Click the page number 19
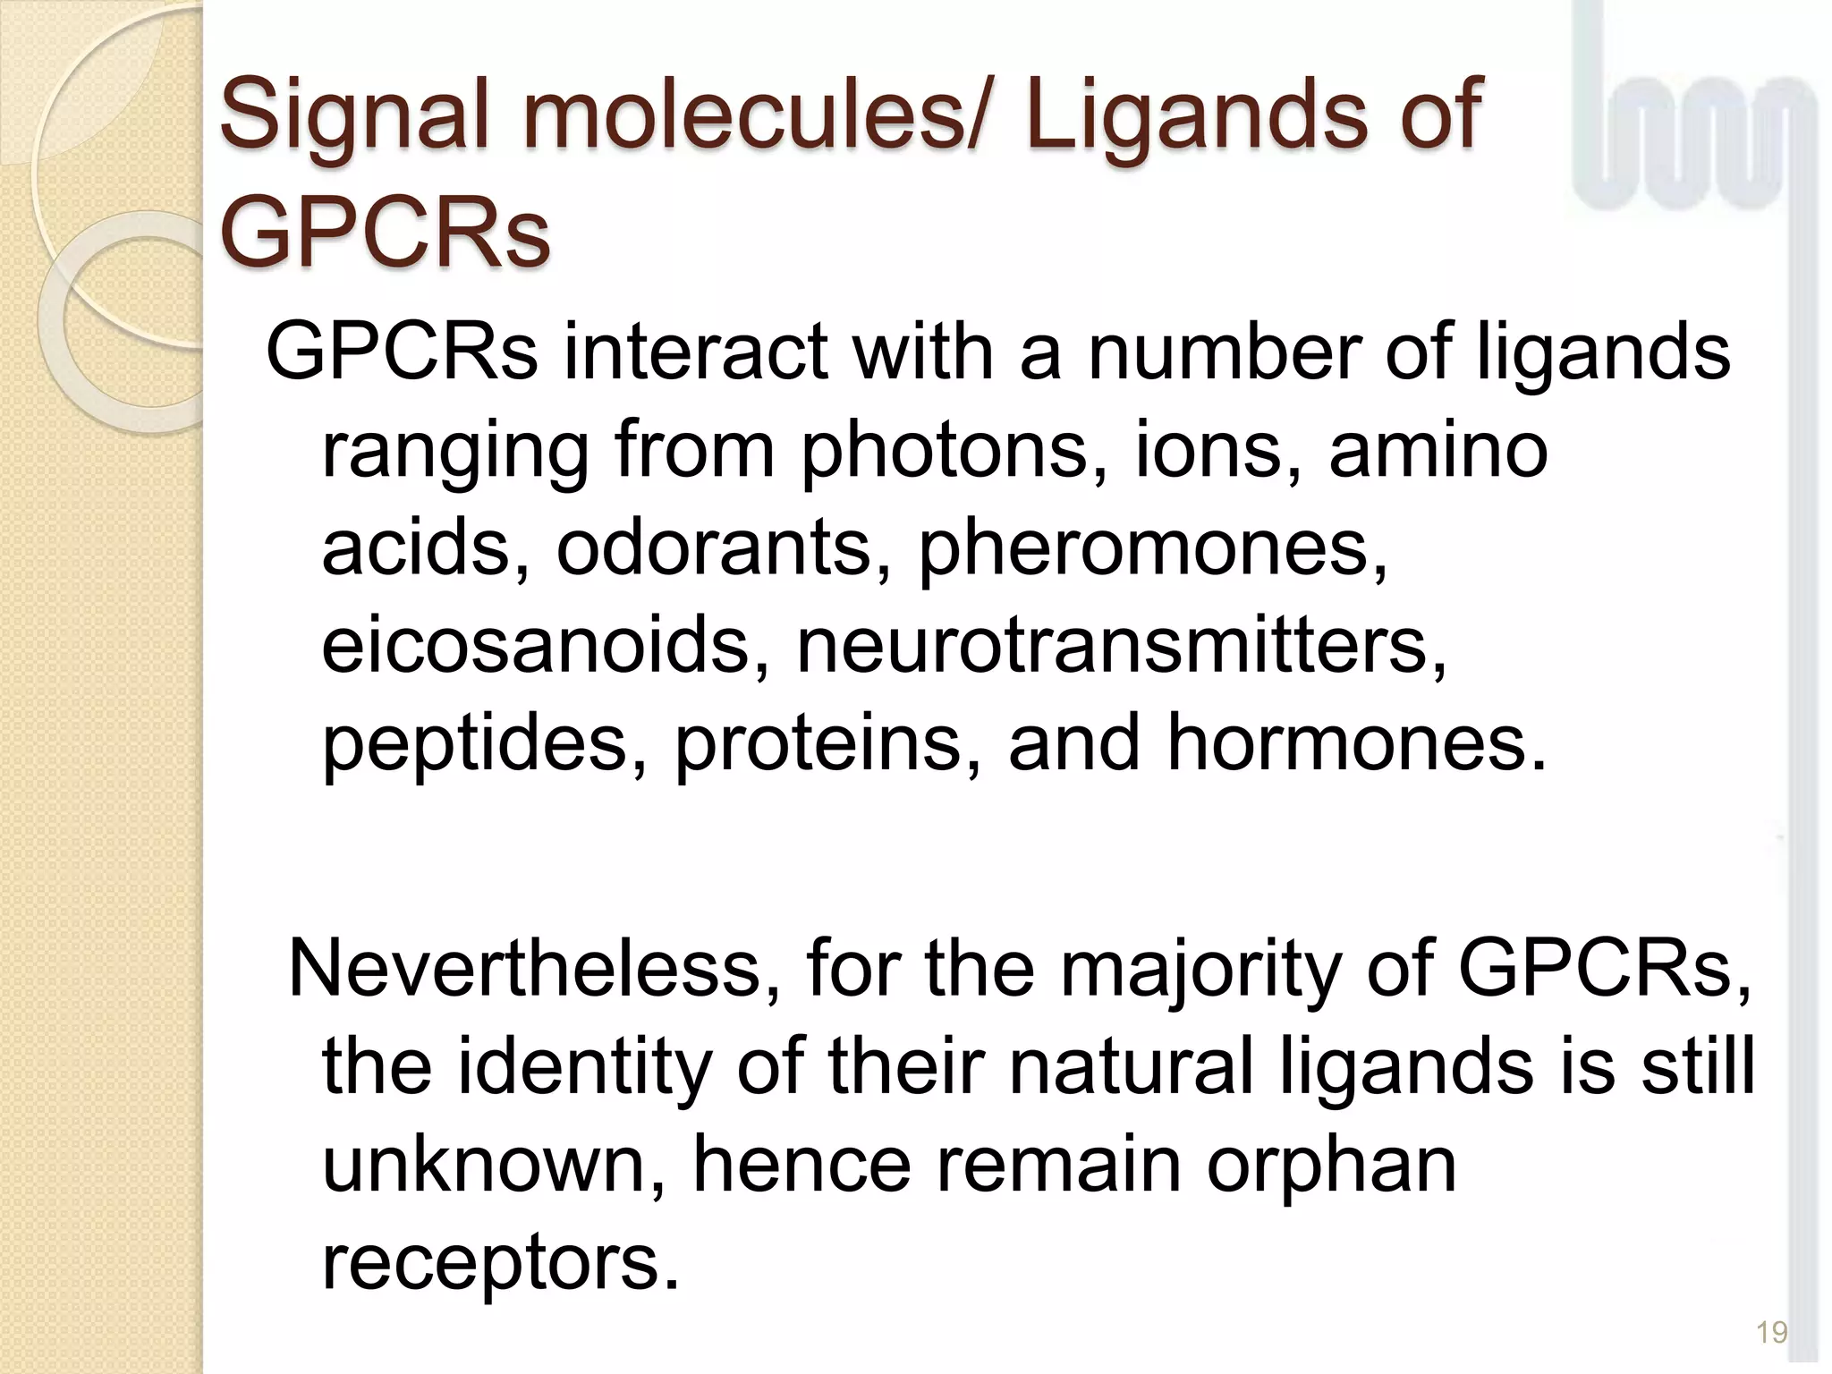[1771, 1332]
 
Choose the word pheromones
[1154, 550]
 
